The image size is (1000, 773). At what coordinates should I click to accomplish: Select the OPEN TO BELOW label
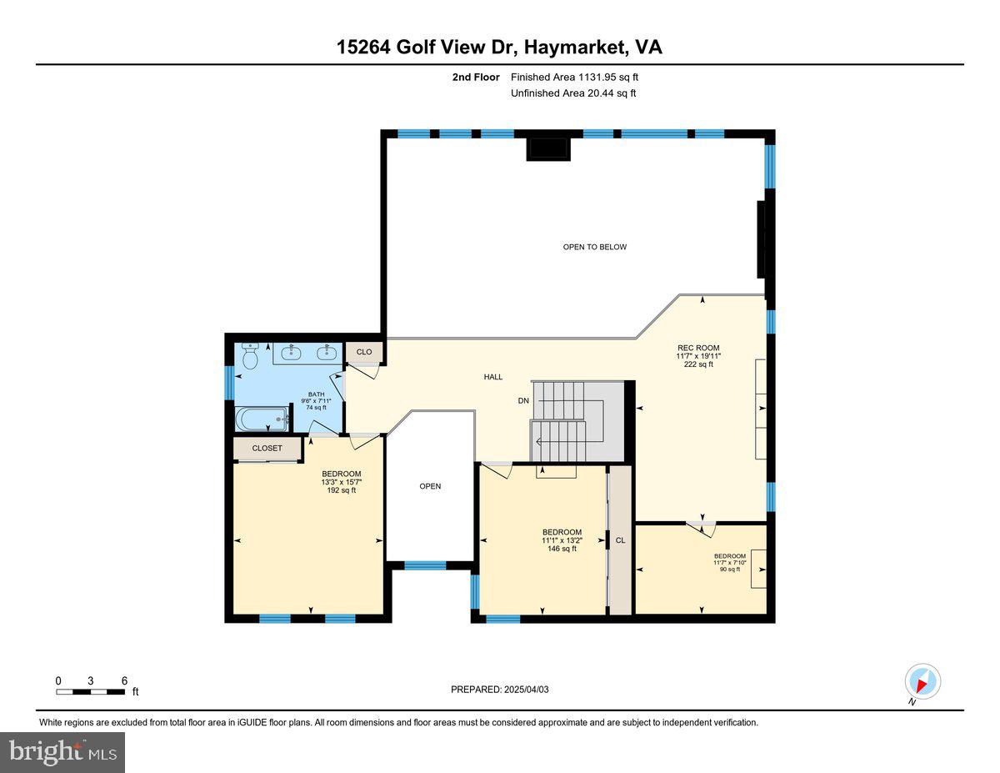[x=594, y=247]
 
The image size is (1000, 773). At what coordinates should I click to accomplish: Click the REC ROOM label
[x=697, y=348]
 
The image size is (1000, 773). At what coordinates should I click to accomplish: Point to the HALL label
[x=493, y=377]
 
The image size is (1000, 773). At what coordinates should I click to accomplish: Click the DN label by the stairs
[x=523, y=401]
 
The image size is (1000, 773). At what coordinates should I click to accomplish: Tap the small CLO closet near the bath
[x=364, y=352]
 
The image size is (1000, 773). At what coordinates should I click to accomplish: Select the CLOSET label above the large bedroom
[x=267, y=448]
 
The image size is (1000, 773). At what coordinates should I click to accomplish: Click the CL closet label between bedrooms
[x=620, y=540]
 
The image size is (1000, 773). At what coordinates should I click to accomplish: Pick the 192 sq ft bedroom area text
[x=341, y=490]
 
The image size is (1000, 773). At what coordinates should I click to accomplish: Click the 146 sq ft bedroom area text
[x=562, y=549]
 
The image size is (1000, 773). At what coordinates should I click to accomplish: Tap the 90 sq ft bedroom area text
[x=729, y=570]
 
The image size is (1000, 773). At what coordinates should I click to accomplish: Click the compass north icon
[x=922, y=681]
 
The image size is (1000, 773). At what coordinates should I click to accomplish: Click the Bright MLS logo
[x=62, y=752]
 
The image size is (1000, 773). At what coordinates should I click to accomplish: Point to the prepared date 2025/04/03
[x=500, y=690]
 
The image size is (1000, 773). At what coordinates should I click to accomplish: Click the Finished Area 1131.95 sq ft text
[x=574, y=78]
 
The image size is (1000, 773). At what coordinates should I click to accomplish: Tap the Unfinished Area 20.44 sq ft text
[x=572, y=93]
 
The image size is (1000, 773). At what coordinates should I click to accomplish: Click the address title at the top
[x=499, y=48]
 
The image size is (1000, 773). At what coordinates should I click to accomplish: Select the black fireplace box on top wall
[x=548, y=148]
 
